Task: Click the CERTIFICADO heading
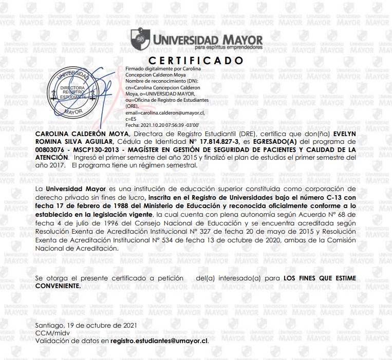196,60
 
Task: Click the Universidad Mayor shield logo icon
138,38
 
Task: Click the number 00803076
49,149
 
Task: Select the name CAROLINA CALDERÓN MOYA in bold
80,133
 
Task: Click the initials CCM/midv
50,333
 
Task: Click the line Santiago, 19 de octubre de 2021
86,326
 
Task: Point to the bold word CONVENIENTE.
58,285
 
